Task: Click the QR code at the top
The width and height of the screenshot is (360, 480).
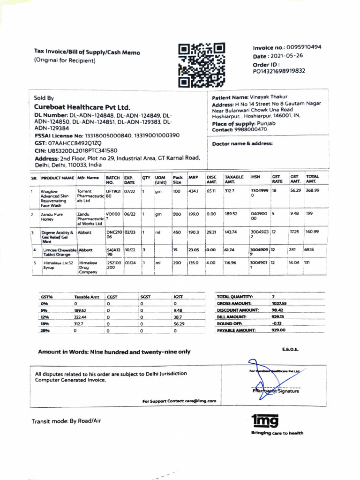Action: (x=202, y=65)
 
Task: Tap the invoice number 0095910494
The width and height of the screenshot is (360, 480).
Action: (x=304, y=47)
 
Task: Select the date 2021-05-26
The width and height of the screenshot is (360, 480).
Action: (x=285, y=56)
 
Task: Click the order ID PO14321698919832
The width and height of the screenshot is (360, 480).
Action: (x=279, y=71)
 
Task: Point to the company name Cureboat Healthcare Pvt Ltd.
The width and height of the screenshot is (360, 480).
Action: (x=82, y=107)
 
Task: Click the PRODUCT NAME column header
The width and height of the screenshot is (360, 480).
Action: (x=58, y=178)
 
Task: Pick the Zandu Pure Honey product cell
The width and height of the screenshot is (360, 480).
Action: (x=52, y=217)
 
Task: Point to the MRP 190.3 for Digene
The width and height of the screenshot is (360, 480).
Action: (x=193, y=232)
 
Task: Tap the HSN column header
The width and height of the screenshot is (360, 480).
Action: (x=255, y=177)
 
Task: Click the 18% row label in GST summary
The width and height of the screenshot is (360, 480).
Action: (x=45, y=323)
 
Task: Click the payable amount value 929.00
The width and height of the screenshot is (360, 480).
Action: (x=278, y=330)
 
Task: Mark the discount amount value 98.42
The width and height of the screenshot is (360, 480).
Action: (x=278, y=310)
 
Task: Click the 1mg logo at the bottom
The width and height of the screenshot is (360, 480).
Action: (x=265, y=420)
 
